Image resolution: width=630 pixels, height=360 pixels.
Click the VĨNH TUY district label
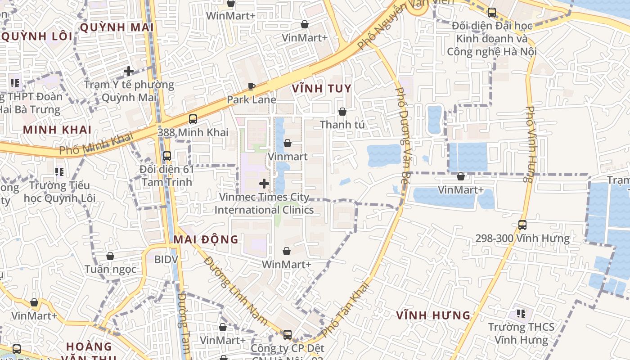321,88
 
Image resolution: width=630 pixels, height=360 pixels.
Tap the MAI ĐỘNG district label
206,239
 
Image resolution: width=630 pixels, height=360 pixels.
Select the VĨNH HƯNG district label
433,315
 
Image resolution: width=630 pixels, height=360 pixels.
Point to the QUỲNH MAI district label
117,27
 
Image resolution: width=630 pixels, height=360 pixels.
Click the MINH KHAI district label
57,130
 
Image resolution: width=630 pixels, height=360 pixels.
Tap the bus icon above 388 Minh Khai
193,119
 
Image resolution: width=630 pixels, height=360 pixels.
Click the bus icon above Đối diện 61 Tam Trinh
167,156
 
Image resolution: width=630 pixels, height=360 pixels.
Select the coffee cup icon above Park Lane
252,86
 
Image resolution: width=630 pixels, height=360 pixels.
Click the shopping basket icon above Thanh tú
342,112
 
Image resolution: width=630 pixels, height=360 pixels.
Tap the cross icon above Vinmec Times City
264,184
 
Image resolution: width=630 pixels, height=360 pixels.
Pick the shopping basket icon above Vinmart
288,144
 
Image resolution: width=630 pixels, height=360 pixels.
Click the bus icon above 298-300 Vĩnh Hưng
522,225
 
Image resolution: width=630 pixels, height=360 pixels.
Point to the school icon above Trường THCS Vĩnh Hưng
521,313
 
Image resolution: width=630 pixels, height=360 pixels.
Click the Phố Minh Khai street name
97,145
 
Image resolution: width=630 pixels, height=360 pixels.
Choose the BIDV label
166,259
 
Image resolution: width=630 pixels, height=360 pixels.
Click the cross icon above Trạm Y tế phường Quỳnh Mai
129,71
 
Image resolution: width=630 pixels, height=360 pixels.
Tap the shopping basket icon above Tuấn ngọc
110,256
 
